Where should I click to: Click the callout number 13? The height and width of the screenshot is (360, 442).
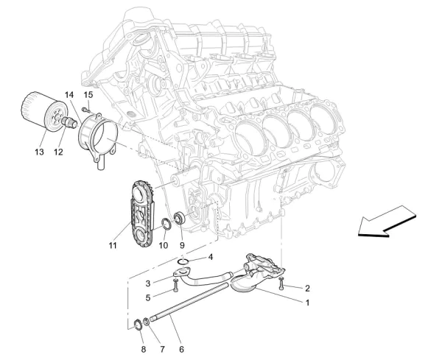coord(38,152)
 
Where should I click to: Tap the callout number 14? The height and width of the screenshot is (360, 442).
coord(69,96)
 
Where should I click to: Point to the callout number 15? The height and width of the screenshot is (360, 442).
coord(88,96)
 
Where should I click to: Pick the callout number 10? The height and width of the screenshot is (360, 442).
coord(163,245)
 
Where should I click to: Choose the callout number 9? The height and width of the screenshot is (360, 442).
coord(181,245)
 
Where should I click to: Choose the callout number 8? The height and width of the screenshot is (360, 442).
coord(144,342)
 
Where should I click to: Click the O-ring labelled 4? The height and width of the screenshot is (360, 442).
coord(185,261)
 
